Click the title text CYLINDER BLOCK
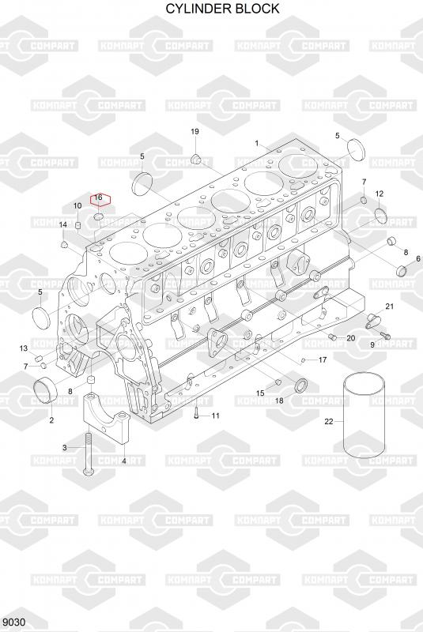pos(223,9)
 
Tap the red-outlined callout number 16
pos(98,197)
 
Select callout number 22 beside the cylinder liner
pos(329,421)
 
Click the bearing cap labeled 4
pos(106,417)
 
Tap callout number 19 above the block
pos(195,131)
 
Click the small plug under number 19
pos(196,159)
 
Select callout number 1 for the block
pos(256,143)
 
